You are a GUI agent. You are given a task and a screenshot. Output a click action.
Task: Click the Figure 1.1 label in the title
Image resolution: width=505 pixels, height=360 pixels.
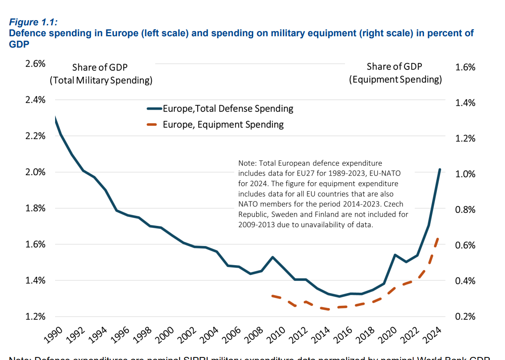33,22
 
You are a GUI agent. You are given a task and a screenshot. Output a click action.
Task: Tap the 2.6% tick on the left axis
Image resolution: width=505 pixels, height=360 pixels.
35,64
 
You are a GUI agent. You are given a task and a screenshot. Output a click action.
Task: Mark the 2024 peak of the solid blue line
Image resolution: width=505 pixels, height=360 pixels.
439,170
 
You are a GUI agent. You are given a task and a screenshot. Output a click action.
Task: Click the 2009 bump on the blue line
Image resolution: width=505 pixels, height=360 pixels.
272,257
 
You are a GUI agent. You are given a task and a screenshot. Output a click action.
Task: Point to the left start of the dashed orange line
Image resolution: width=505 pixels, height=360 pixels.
272,296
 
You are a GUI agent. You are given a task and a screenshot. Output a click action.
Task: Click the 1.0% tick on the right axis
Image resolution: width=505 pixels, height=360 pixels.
465,174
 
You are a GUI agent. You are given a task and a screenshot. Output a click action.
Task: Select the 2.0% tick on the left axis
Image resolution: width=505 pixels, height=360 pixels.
35,172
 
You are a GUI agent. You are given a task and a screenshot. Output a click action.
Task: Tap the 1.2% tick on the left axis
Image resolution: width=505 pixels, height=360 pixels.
35,316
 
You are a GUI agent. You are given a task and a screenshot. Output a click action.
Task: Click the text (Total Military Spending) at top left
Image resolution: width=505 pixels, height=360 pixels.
101,80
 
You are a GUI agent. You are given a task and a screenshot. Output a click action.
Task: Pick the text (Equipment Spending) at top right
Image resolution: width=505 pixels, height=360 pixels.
395,80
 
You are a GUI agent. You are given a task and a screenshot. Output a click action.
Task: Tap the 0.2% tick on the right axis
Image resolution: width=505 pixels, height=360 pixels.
465,317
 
